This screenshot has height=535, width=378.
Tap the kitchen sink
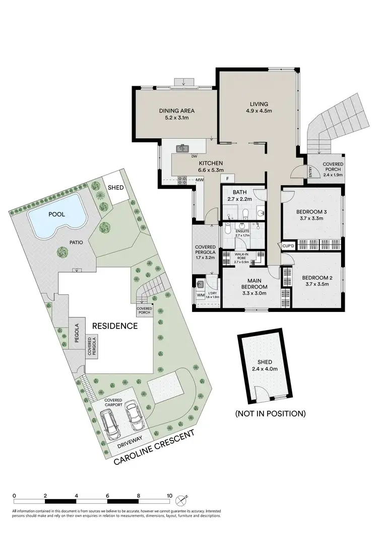pos(182,148)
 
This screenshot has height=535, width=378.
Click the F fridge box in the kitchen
pos(228,178)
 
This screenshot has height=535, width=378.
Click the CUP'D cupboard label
pos(288,246)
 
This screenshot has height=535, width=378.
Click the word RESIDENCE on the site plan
pos(114,326)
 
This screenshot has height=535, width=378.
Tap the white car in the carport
pos(134,414)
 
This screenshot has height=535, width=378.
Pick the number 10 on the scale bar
pos(169,495)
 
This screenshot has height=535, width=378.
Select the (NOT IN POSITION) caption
pos(270,413)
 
